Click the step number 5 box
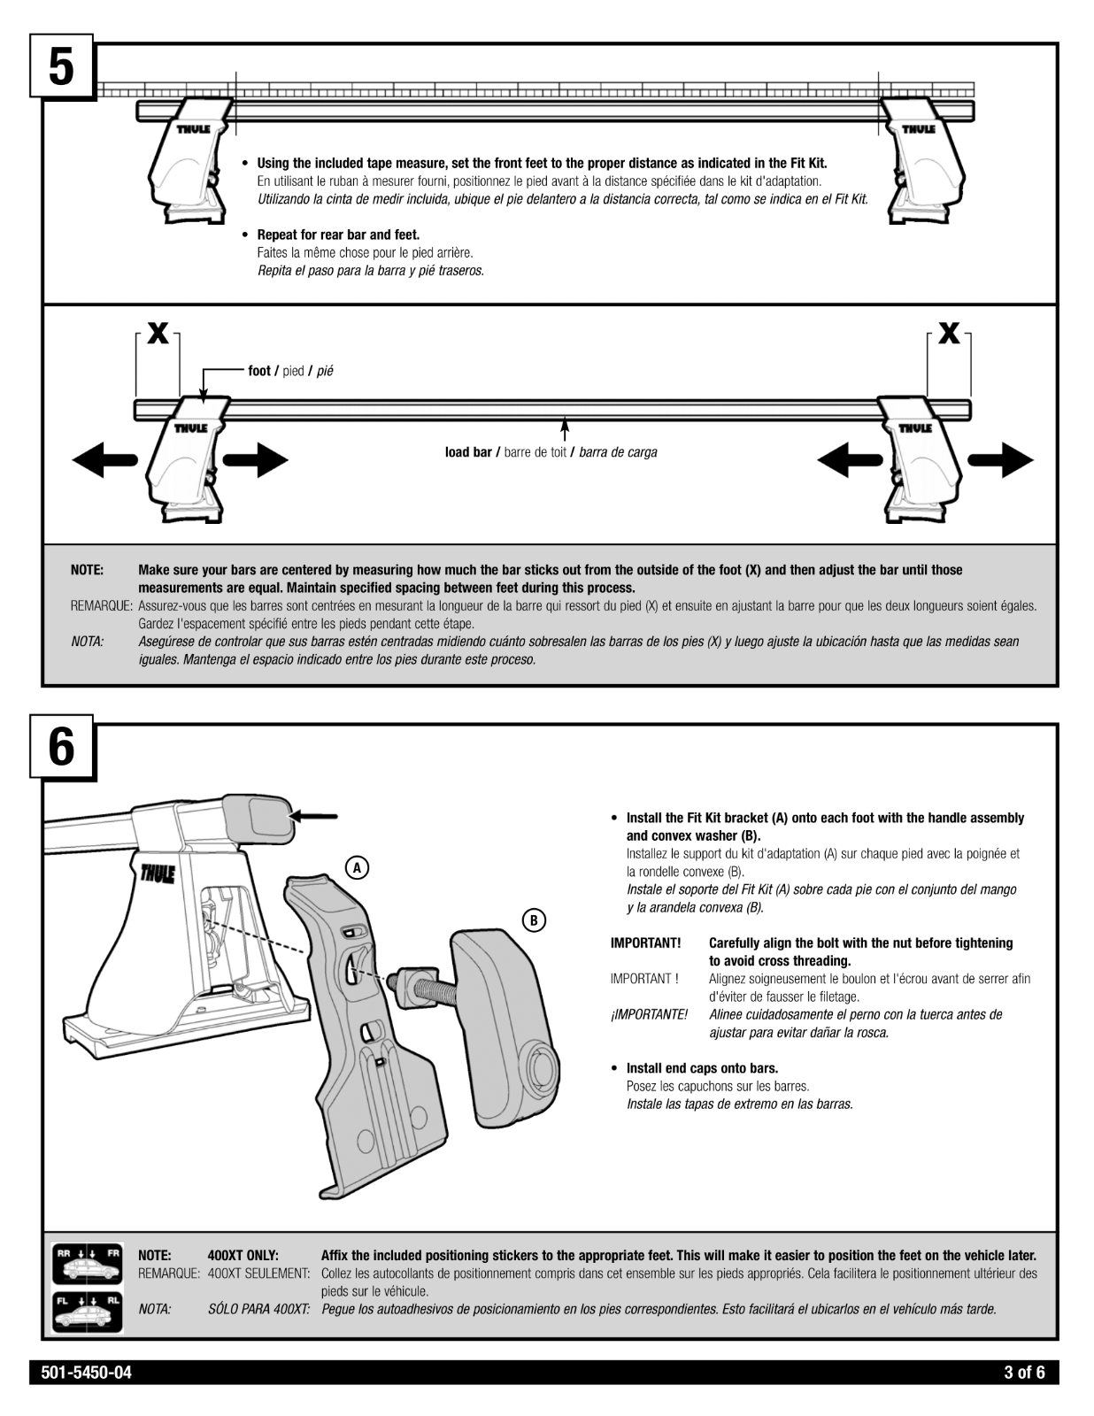61,67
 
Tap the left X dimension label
158,334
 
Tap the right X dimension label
949,334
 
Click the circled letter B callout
533,920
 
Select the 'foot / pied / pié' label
290,371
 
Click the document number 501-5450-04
87,1373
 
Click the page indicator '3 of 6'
1024,1373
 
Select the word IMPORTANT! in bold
645,943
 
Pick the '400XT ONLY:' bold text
243,1255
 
